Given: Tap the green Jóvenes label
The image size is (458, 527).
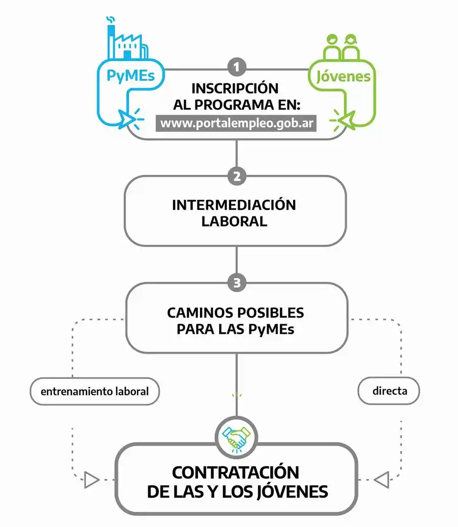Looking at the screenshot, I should click(x=343, y=77).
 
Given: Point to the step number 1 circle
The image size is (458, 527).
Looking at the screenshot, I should click(x=237, y=67).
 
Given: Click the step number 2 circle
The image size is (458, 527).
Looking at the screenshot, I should click(x=237, y=177).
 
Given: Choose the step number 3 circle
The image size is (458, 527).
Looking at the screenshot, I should click(x=237, y=283).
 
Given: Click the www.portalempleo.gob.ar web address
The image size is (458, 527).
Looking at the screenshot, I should click(x=236, y=123).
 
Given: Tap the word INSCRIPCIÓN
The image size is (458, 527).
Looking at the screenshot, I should click(x=235, y=88).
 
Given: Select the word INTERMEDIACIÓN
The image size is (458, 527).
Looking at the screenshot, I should click(x=234, y=205).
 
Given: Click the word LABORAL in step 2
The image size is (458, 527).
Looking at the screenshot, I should click(x=234, y=222).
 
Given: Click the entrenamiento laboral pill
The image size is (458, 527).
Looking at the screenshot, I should click(x=95, y=392).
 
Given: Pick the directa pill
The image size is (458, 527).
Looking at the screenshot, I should click(x=389, y=392).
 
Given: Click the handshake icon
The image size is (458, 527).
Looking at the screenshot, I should click(x=236, y=437).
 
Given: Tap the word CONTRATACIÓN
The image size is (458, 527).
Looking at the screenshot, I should click(x=236, y=472).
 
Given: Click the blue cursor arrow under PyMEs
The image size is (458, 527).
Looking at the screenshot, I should click(x=125, y=117).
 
